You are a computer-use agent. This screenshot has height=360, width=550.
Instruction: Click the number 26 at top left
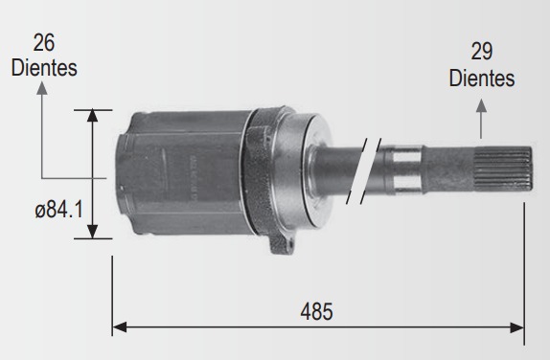(44, 43)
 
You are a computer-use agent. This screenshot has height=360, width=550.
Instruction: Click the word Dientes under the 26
(44, 68)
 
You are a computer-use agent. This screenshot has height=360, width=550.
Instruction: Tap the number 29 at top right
(482, 51)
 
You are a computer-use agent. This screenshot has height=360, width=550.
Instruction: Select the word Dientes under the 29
(482, 78)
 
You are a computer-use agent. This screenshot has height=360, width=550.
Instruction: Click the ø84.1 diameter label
(59, 210)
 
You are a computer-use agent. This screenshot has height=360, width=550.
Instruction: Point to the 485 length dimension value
(316, 311)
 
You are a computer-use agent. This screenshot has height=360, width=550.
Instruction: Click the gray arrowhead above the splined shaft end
(481, 105)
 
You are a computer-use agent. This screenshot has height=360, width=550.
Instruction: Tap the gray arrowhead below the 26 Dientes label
(42, 88)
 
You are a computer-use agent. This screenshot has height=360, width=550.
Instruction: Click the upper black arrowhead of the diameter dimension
(92, 115)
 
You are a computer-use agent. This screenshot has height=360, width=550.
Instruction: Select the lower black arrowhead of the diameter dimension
(92, 232)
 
